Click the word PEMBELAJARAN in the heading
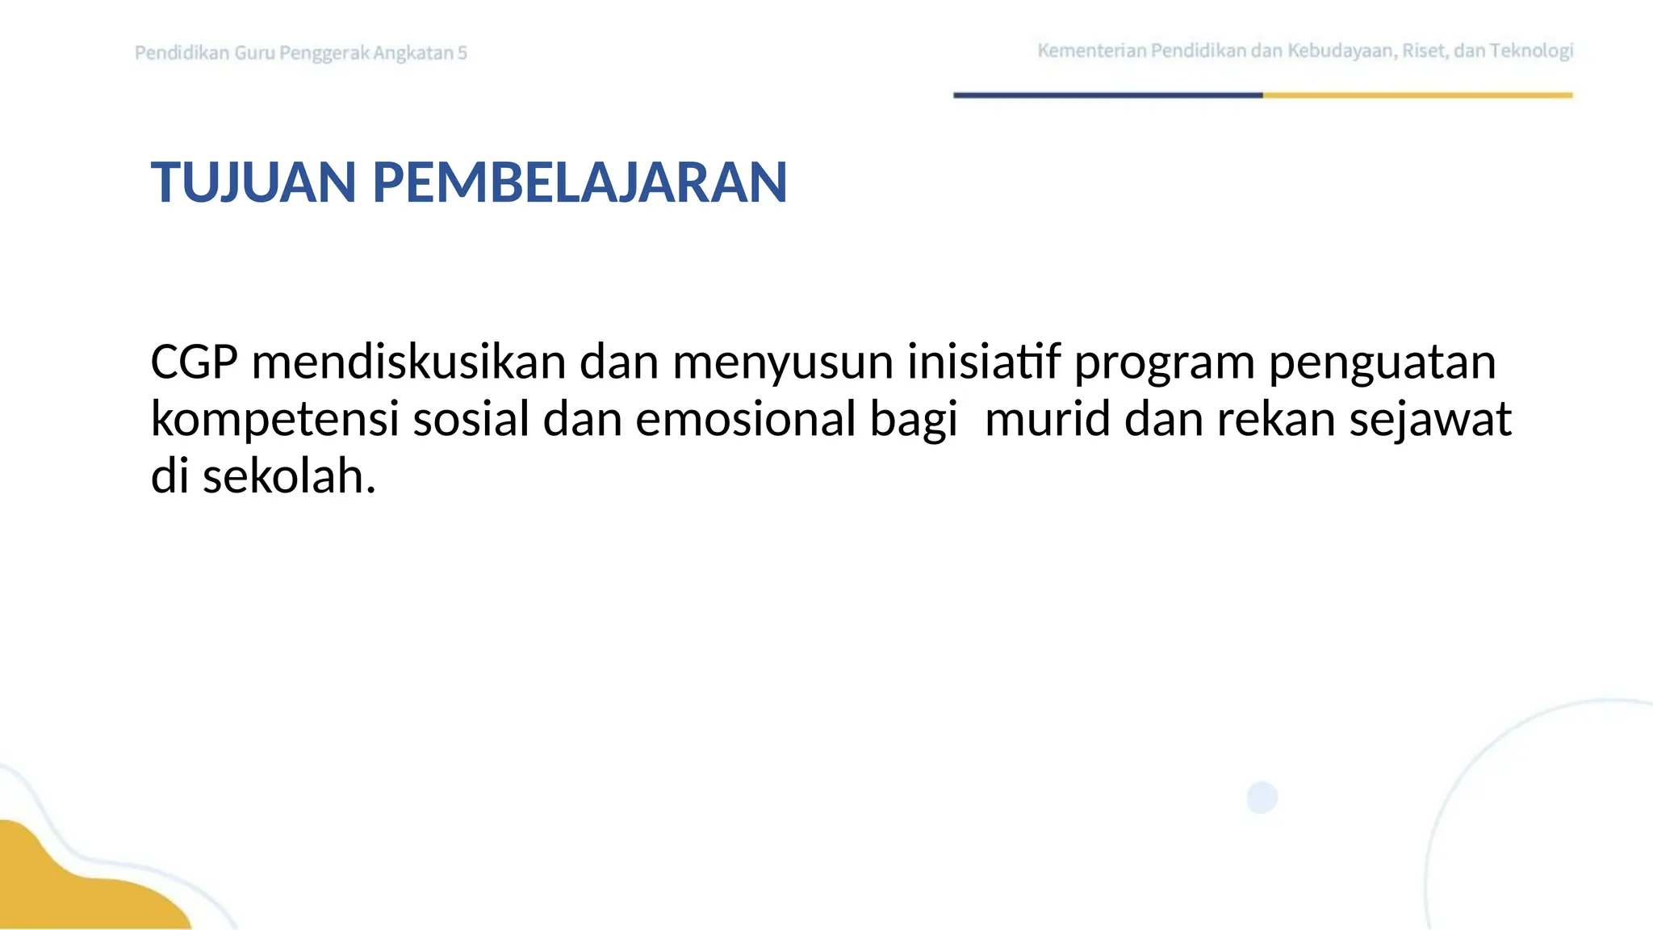579,182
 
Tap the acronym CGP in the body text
194,362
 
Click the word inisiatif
983,362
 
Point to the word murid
1048,420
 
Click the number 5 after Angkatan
462,53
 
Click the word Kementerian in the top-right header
1091,51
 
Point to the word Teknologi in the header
1531,52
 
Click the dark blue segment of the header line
1107,95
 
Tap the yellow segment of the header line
1417,95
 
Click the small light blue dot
1262,798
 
